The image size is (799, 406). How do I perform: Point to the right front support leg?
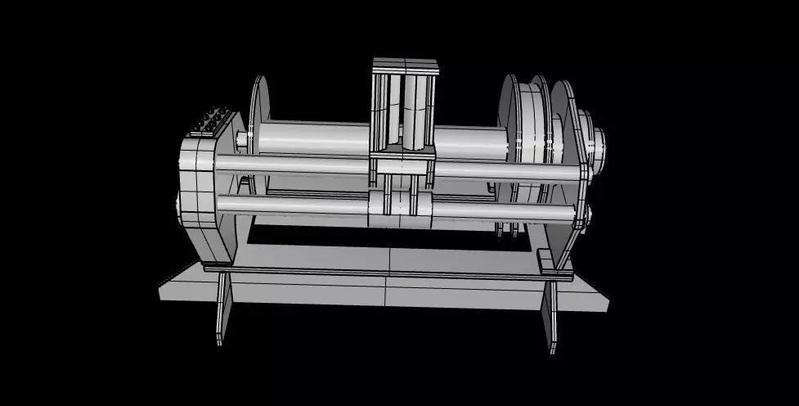tap(550, 315)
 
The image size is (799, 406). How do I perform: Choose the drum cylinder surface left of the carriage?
tap(311, 137)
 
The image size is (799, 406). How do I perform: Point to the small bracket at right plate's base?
tap(545, 262)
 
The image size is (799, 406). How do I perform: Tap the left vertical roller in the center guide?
tap(392, 111)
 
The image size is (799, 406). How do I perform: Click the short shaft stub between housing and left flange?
tap(243, 140)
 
